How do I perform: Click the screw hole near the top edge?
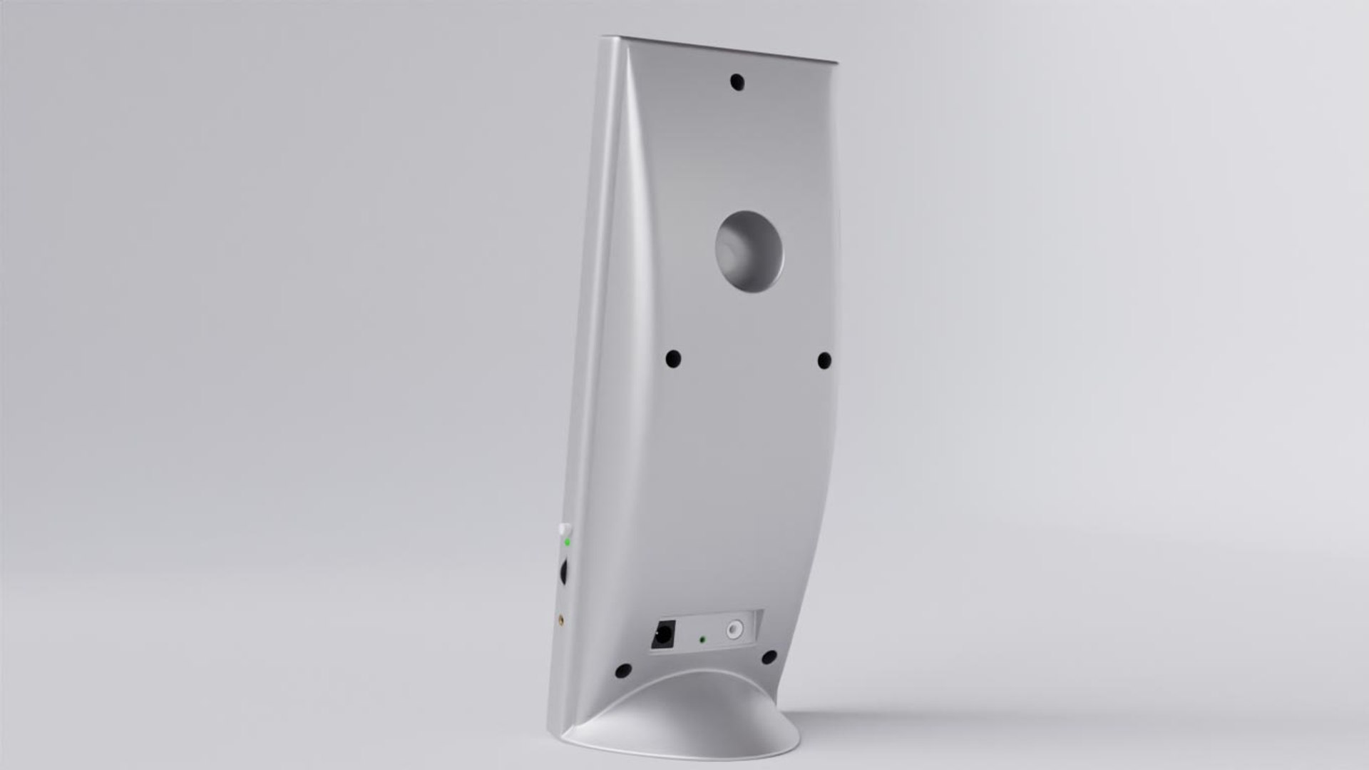(x=737, y=82)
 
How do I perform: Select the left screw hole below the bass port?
(x=672, y=359)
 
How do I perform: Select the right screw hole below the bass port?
(x=824, y=360)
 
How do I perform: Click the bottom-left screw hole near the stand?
(x=623, y=671)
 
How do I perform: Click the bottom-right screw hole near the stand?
(x=769, y=657)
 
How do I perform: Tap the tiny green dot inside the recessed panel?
(x=702, y=639)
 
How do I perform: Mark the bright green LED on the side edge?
(x=567, y=542)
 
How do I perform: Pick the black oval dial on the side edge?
(x=565, y=571)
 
